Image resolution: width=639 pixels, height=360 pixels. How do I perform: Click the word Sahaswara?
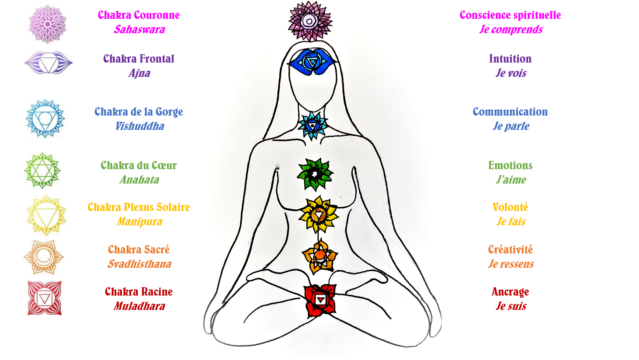click(x=139, y=29)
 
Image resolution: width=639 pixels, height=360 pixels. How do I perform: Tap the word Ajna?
click(x=139, y=73)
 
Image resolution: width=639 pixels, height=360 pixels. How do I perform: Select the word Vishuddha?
click(x=139, y=126)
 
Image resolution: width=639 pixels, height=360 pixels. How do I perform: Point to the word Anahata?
click(x=139, y=180)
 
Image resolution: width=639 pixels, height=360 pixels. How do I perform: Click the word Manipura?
click(x=139, y=221)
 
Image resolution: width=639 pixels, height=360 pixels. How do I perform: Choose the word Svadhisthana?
click(x=139, y=264)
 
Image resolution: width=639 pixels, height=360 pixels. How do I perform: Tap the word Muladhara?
click(x=139, y=306)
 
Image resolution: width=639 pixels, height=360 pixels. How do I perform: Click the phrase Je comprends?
click(x=511, y=29)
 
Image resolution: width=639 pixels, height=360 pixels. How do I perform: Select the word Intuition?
click(x=510, y=59)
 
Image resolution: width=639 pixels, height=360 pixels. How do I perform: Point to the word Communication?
click(x=510, y=112)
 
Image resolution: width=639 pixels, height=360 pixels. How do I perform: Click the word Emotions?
click(x=510, y=165)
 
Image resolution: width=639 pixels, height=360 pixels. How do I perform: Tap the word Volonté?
click(x=510, y=207)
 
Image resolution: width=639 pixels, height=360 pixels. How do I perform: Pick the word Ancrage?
click(x=510, y=292)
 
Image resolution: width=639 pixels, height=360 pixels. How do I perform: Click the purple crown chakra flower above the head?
click(x=310, y=21)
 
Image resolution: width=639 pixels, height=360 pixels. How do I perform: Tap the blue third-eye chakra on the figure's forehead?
click(x=312, y=62)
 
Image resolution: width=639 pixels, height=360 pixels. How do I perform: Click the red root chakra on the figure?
click(x=320, y=300)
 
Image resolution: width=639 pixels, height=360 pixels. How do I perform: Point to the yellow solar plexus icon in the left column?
click(x=47, y=215)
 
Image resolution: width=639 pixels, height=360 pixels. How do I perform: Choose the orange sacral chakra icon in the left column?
click(x=44, y=257)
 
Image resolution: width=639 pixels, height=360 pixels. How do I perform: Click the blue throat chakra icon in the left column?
click(x=45, y=119)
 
